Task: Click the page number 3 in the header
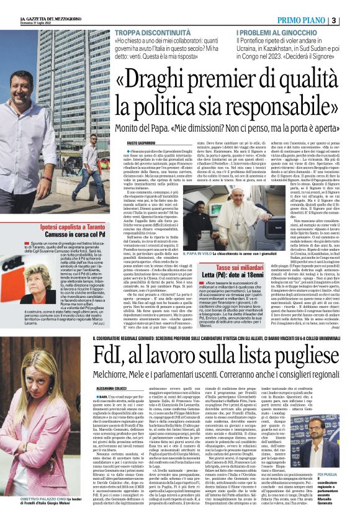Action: [x=351, y=20]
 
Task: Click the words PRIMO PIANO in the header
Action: [x=319, y=20]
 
